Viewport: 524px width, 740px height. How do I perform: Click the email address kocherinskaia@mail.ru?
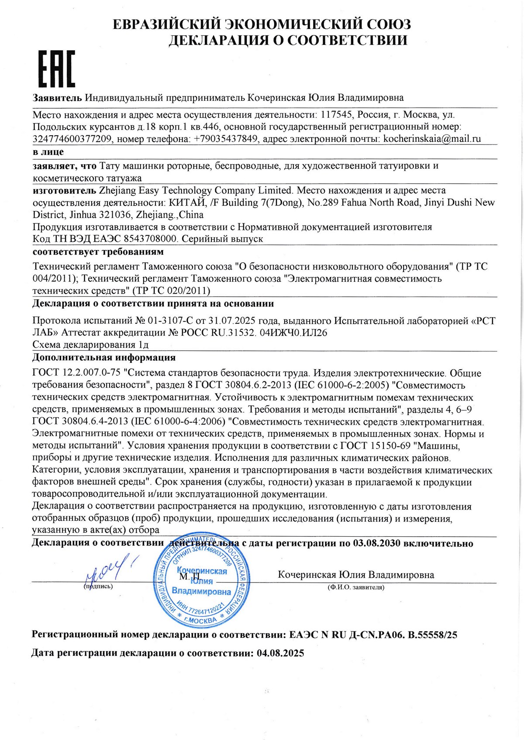point(432,139)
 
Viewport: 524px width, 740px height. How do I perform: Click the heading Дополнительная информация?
point(104,358)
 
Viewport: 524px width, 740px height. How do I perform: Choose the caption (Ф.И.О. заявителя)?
point(356,587)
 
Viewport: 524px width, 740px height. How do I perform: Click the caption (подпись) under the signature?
point(98,587)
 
